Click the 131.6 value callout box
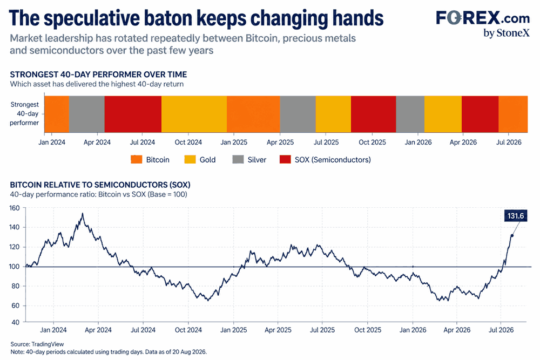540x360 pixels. click(516, 216)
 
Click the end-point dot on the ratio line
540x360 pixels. click(512, 235)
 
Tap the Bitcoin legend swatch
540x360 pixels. click(137, 159)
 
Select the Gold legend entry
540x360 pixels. click(200, 159)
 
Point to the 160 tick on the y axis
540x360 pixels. click(15, 208)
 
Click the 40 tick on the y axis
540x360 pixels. click(16, 322)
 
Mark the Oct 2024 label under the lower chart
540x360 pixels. click(188, 330)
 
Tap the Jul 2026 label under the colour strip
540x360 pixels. click(509, 142)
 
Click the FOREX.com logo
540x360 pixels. click(483, 18)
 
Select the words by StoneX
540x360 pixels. click(507, 33)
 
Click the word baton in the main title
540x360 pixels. click(167, 18)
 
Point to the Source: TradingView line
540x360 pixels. click(37, 344)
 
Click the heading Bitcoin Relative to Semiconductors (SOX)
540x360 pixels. click(100, 185)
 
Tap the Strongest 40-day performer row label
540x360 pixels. click(24, 113)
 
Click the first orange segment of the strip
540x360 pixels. click(57, 114)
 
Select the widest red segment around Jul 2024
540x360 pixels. click(133, 114)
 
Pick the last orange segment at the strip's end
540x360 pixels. click(513, 114)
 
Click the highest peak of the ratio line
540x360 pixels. click(82, 214)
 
